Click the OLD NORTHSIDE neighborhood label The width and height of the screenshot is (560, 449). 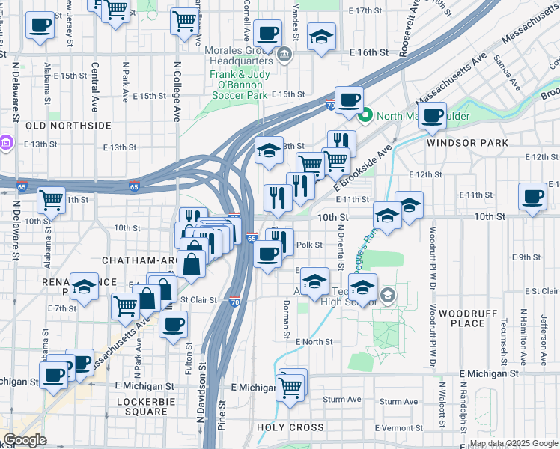coord(68,126)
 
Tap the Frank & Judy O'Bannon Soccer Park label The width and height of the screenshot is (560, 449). coord(238,85)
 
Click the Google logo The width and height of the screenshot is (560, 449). coord(25,440)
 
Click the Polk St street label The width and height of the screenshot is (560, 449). coord(309,245)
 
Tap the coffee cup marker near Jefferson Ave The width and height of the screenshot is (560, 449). coord(532,197)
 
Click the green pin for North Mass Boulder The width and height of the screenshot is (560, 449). coord(365,116)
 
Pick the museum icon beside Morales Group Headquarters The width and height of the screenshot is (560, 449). coord(284,54)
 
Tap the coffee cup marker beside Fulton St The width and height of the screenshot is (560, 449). coord(174,325)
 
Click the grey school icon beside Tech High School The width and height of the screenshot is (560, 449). coord(386,295)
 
